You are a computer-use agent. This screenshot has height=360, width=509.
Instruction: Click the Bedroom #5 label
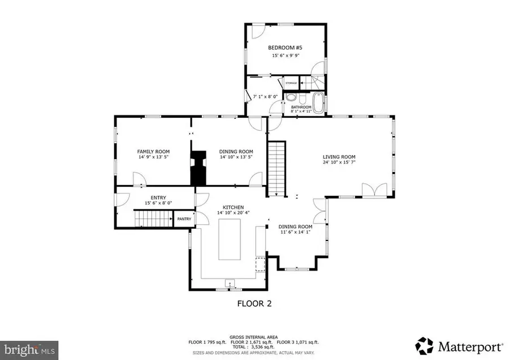(285, 48)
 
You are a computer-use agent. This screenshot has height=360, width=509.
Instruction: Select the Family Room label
(153, 151)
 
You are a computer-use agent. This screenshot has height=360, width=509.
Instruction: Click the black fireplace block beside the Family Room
(199, 168)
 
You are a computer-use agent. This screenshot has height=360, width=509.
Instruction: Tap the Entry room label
(158, 198)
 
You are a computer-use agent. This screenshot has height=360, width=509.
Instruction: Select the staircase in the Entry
(153, 218)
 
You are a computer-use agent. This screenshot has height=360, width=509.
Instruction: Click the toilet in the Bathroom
(290, 97)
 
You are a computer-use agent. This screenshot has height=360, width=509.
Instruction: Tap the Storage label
(291, 83)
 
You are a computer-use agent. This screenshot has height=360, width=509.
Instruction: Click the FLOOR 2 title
(253, 303)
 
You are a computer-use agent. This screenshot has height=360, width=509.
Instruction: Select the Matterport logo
(459, 345)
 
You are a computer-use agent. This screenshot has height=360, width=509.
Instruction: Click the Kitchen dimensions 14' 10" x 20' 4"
(232, 213)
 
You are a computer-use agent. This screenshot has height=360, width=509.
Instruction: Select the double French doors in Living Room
(374, 190)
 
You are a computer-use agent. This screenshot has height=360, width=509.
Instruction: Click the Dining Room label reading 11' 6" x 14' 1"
(295, 232)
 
